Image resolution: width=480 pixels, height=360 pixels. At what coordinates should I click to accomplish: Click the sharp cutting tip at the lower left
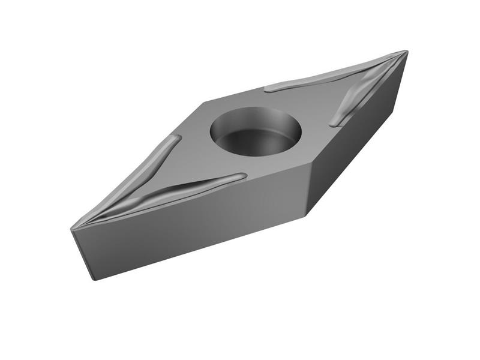click(x=72, y=230)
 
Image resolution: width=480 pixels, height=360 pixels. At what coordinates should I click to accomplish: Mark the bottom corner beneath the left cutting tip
click(x=94, y=279)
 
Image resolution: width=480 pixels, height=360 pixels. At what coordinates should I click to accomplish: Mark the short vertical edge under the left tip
click(x=82, y=255)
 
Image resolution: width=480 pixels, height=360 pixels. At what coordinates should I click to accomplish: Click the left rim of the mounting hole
click(x=212, y=130)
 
